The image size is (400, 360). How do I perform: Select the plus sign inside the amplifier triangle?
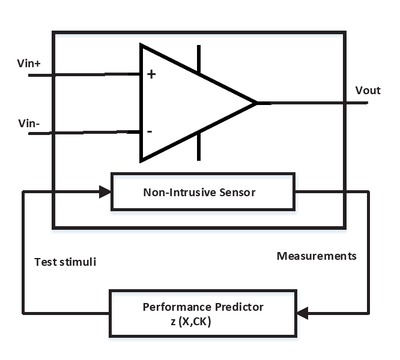coord(151,74)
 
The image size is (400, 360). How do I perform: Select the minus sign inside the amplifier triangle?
coord(150,131)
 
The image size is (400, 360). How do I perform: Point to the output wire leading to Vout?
coord(320,102)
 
